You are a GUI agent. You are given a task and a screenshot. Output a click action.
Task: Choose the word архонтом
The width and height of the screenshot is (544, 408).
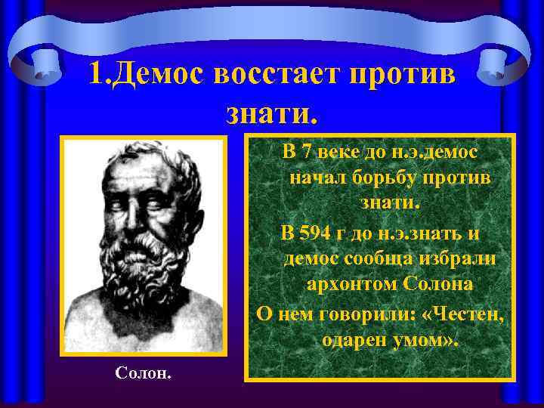point(353,286)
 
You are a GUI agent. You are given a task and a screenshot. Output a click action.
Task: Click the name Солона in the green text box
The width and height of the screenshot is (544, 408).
point(439,286)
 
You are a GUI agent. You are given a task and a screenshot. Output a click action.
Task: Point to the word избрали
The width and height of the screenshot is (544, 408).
point(460,258)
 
